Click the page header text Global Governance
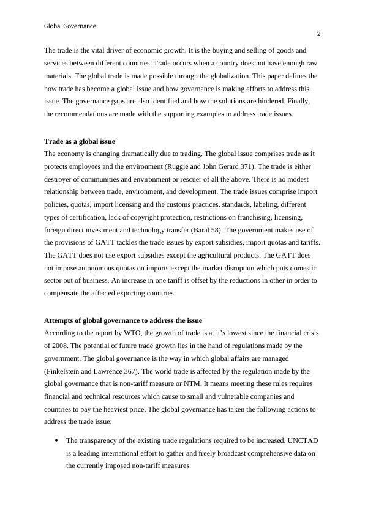(70, 26)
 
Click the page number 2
(318, 34)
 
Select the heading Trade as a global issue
(80, 141)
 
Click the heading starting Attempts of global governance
(123, 320)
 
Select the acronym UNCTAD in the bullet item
(300, 440)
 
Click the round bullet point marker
(56, 440)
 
